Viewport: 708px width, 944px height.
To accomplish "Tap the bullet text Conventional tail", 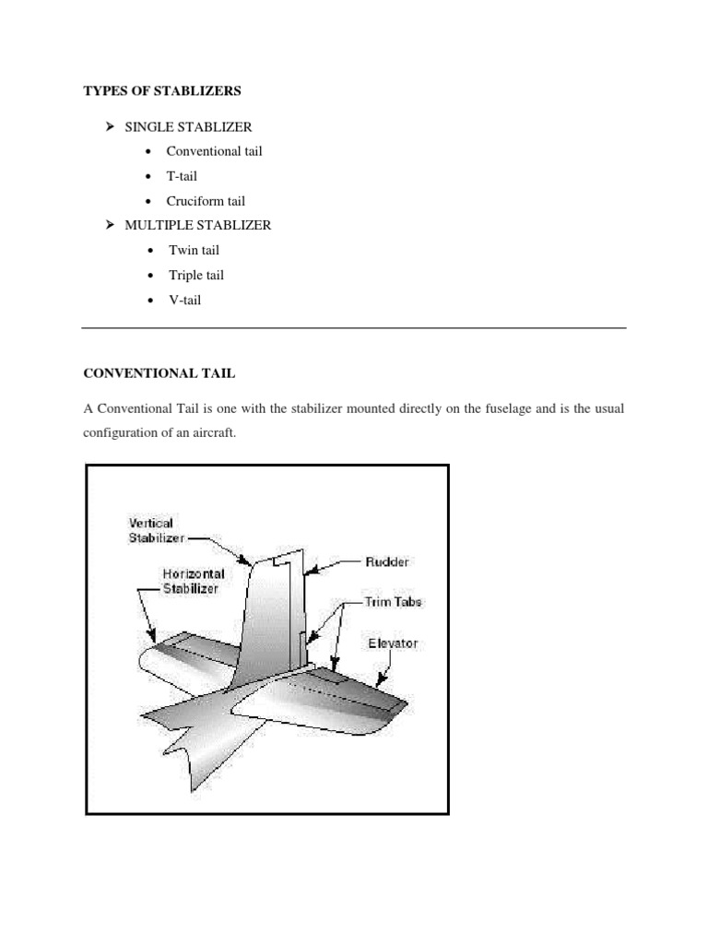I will click(x=214, y=151).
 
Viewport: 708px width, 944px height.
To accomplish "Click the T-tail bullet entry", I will click(x=182, y=176).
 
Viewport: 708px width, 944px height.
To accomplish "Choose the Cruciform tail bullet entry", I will click(x=206, y=201).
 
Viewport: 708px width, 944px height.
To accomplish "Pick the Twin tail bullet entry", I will click(x=194, y=250).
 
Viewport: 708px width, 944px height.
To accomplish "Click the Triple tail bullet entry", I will click(x=196, y=275).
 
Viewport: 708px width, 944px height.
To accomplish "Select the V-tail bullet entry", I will click(x=184, y=300).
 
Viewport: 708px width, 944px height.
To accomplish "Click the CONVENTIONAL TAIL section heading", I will click(x=159, y=373).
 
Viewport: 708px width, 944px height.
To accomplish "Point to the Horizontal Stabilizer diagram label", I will click(x=191, y=580).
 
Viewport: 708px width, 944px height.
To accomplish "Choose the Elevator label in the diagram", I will click(x=392, y=643).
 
